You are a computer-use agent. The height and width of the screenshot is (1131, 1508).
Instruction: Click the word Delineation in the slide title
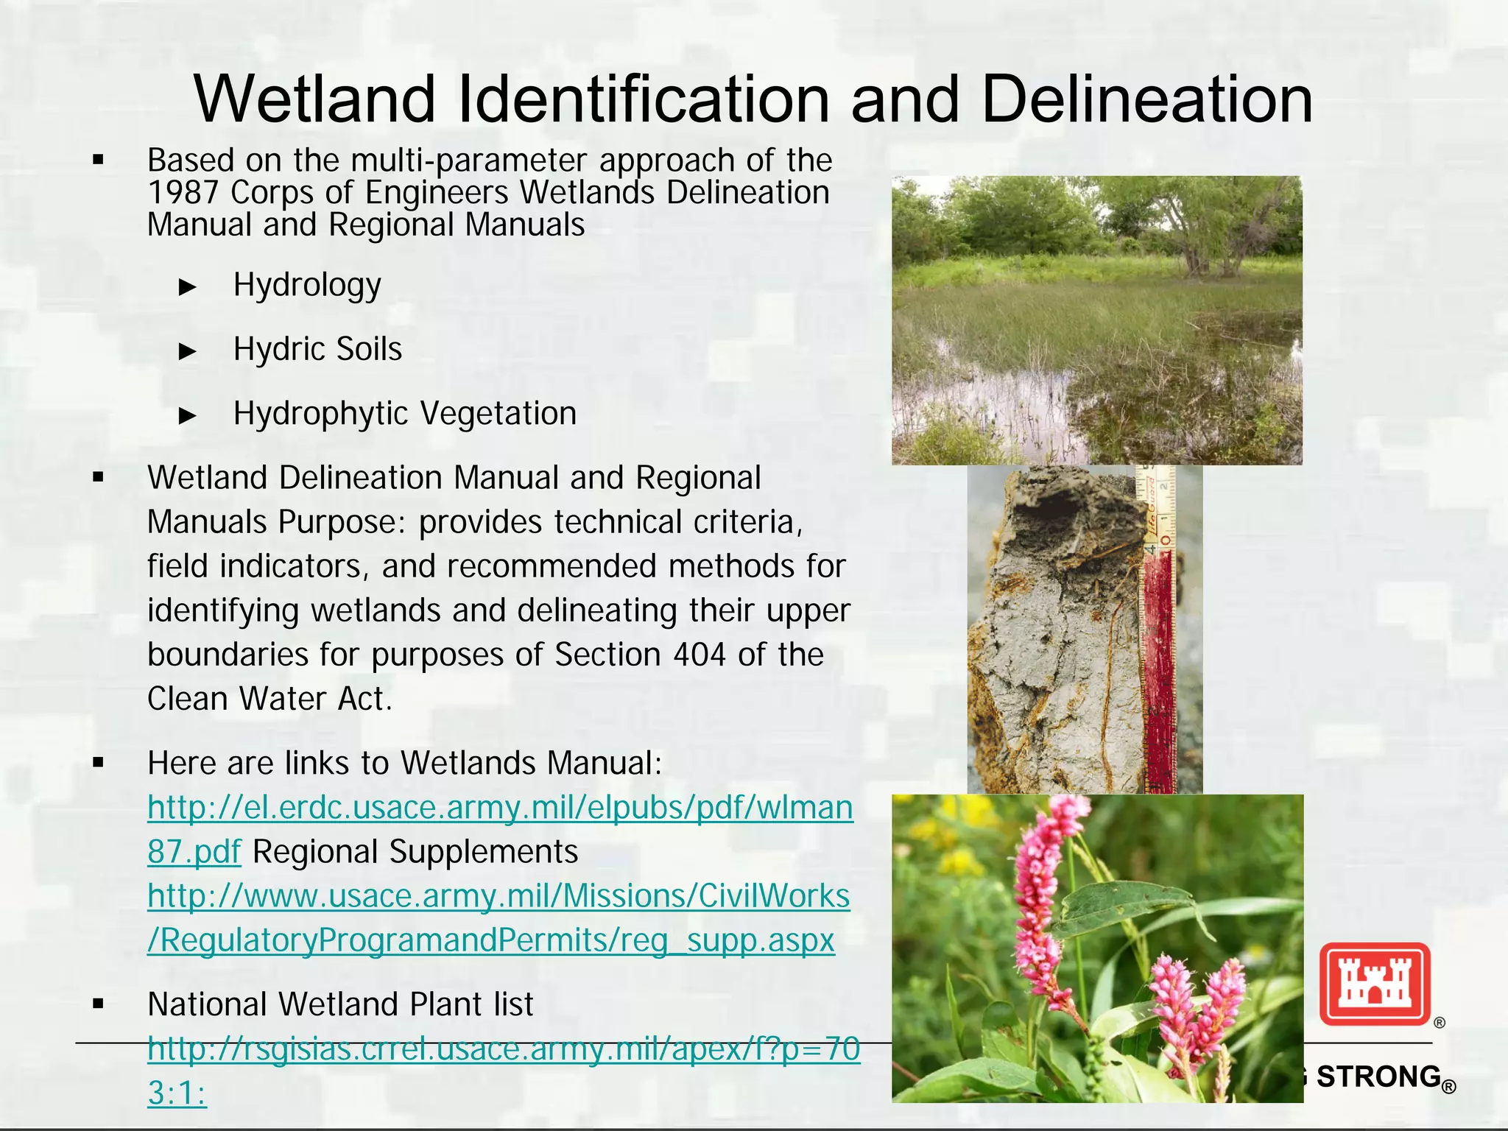click(1146, 99)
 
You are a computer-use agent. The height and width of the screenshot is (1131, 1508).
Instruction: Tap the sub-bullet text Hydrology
click(307, 285)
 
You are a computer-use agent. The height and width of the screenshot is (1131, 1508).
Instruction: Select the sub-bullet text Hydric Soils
click(317, 349)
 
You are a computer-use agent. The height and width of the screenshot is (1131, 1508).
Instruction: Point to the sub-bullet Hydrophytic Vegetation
click(404, 413)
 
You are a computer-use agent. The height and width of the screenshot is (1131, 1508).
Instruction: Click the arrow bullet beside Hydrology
click(188, 286)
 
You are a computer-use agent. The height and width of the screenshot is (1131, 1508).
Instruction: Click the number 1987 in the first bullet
click(183, 193)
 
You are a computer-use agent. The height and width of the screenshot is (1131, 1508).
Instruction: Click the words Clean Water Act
click(269, 699)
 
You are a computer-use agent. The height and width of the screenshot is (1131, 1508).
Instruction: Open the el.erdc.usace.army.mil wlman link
click(500, 808)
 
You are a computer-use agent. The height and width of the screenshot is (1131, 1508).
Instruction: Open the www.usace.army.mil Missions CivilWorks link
click(498, 896)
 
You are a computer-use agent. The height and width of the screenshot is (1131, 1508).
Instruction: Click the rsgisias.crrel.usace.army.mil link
click(503, 1049)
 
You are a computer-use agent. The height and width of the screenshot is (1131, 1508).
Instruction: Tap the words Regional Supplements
click(415, 852)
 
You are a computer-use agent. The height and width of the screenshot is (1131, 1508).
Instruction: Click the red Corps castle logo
click(1374, 984)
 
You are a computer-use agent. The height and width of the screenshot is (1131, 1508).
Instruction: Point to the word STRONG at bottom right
click(1378, 1077)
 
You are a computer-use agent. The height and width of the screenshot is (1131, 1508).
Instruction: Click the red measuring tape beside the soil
click(1158, 663)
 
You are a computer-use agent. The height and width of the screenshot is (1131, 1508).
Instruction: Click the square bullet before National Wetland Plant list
click(99, 1003)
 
